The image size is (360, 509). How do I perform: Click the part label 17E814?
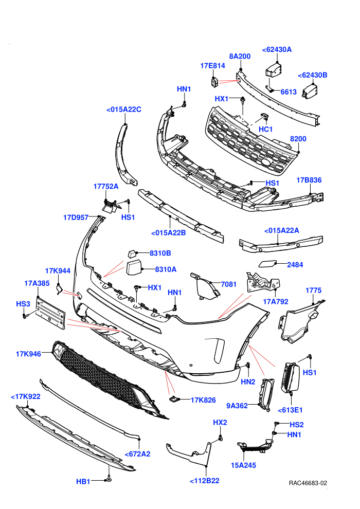coord(212,66)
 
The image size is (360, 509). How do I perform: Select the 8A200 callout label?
coord(240,56)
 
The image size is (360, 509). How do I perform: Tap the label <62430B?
coord(313,75)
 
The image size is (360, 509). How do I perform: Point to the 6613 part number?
coord(289,92)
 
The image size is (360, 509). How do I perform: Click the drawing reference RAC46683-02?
coord(308,483)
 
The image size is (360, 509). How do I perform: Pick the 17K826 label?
coord(203,400)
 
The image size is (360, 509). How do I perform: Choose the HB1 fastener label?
coord(83,481)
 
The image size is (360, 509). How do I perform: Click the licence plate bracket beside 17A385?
coord(50,312)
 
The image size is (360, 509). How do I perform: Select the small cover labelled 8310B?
coord(132,253)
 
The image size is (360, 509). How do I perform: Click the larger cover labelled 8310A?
coord(133,268)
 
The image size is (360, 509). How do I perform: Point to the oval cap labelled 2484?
coord(268,263)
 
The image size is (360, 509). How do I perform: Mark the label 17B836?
coord(309,180)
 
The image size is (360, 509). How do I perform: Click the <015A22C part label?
coord(123,110)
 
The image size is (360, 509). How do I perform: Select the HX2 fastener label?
coord(220,422)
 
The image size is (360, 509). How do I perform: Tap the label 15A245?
coord(243,465)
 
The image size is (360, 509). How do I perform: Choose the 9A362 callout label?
coord(237,406)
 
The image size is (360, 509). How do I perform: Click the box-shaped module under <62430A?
coord(273,70)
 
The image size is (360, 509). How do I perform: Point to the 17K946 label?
coord(29,354)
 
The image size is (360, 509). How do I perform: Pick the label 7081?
coord(228,284)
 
